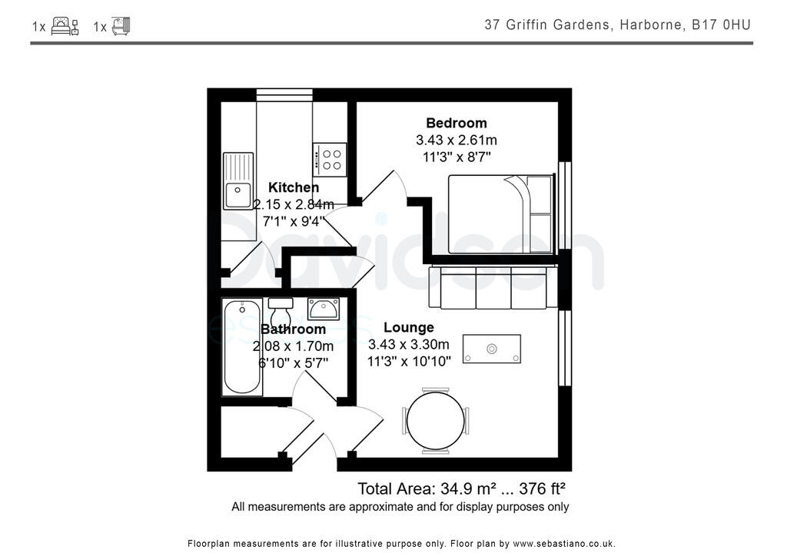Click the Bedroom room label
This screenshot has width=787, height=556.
coord(457,123)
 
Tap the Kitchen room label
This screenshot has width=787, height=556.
coord(293,187)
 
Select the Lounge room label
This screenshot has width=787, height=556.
coord(409,328)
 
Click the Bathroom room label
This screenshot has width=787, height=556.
coord(293,329)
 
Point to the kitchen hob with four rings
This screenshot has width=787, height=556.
coord(331,159)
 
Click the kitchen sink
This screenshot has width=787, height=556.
coord(237,180)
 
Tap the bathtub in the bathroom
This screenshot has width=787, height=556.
coord(242,348)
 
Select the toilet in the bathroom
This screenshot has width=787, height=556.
coord(281,313)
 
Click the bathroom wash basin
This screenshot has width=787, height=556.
coord(324,309)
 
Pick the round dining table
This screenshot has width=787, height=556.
coord(436,419)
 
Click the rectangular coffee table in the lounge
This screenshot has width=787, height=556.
coord(492,349)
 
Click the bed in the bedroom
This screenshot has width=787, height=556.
coord(500,214)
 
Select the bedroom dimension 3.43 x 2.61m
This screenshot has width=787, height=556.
coord(457,140)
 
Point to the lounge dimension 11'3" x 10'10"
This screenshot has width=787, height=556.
coord(409,362)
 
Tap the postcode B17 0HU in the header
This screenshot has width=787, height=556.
coord(720,25)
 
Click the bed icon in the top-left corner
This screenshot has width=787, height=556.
coord(65,26)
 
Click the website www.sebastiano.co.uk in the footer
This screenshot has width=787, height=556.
coord(563,543)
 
